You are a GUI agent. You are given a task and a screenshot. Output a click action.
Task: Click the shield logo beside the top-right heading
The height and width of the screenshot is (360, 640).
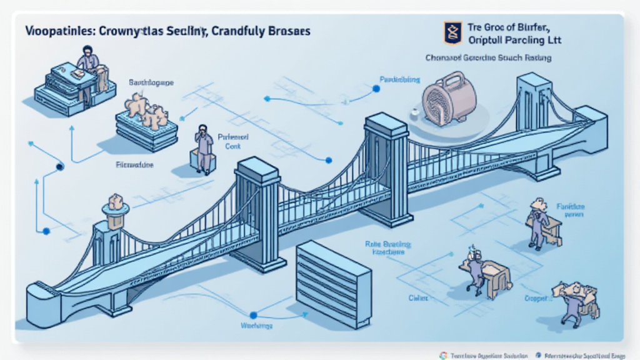pos(452,33)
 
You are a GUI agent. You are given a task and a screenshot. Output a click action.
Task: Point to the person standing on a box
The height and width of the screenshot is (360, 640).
pos(202,148)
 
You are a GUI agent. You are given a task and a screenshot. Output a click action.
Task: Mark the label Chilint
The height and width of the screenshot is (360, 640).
pos(417,298)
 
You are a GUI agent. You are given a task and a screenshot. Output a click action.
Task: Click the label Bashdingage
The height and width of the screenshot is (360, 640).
pos(151,82)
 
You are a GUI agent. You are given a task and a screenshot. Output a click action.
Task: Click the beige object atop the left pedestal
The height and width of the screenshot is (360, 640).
pos(116,202)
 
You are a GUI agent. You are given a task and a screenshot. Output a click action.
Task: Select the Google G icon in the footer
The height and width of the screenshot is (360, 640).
pos(443,355)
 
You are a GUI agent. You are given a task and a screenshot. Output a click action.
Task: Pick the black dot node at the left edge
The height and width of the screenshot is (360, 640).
pos(60,167)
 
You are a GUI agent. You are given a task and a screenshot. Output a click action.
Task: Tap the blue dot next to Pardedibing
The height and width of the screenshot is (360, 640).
pos(376,89)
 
